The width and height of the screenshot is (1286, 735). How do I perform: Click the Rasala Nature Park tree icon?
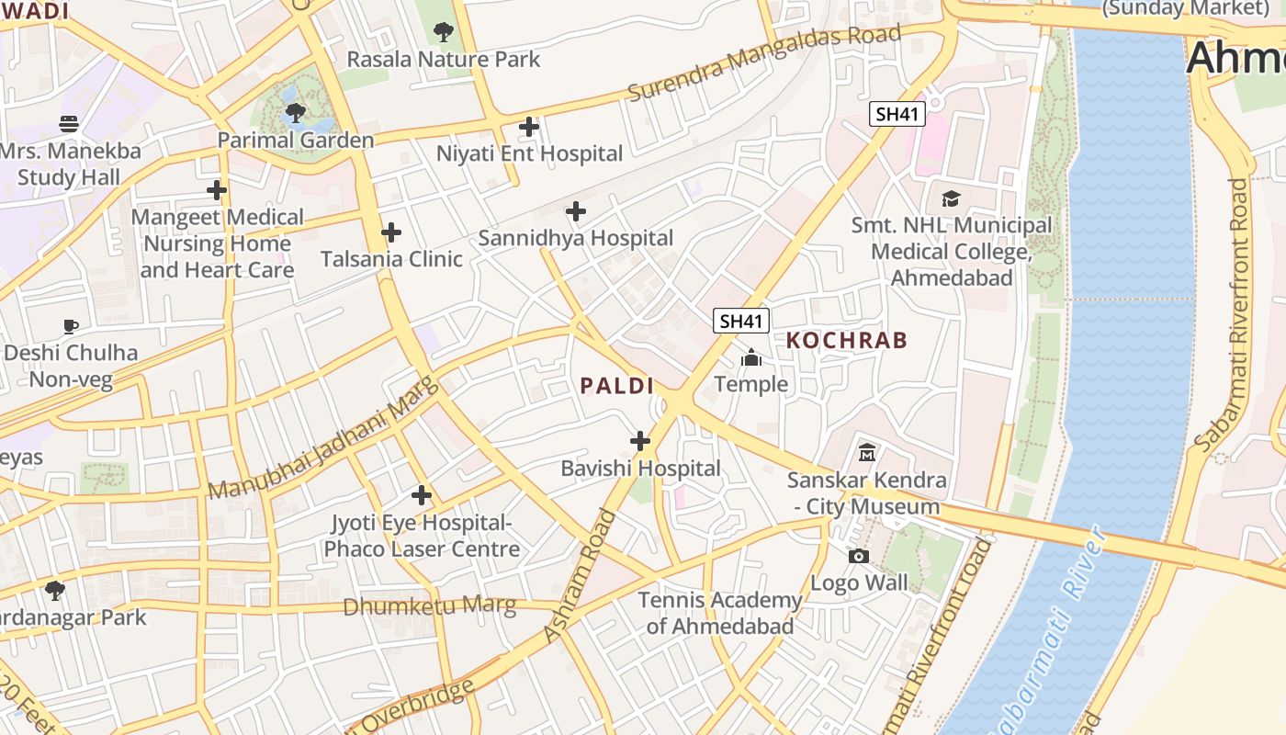(x=444, y=32)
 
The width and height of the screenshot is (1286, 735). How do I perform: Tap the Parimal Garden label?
(x=296, y=140)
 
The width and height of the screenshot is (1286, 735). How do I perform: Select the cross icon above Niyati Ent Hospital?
(x=529, y=127)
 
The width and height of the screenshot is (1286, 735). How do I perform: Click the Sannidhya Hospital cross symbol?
(x=576, y=211)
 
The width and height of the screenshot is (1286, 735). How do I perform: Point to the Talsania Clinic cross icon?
(x=391, y=232)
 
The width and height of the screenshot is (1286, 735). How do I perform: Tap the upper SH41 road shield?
(x=897, y=114)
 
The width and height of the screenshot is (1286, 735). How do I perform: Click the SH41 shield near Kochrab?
(x=741, y=321)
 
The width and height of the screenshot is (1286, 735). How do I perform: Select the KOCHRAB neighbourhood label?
(x=847, y=340)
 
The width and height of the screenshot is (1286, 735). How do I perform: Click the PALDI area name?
(x=616, y=386)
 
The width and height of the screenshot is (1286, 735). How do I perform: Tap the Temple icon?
(x=751, y=357)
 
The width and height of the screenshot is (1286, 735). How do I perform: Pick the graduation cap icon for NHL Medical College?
(x=951, y=198)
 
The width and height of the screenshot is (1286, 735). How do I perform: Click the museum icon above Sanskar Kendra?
(x=866, y=452)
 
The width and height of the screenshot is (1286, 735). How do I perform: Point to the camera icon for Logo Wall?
(x=859, y=556)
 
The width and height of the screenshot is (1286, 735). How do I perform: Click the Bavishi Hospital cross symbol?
(x=640, y=442)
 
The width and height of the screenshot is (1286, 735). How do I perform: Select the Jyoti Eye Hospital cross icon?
(x=422, y=496)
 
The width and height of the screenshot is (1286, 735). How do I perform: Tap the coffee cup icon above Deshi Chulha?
(x=70, y=326)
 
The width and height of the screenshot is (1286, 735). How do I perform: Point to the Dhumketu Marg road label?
(x=429, y=606)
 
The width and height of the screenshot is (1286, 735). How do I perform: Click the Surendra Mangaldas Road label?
(x=764, y=62)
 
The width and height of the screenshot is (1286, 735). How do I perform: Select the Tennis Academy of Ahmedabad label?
(x=720, y=613)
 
